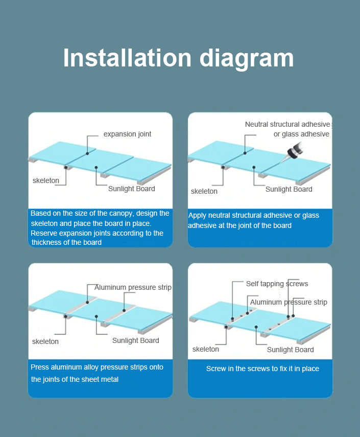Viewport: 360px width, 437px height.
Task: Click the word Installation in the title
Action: [x=127, y=58]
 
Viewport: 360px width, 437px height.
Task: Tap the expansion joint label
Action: [x=127, y=134]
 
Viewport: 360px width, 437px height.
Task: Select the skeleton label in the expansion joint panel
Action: [x=45, y=180]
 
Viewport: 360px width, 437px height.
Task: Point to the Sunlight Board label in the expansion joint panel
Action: [x=131, y=189]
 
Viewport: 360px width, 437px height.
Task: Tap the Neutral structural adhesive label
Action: [x=287, y=124]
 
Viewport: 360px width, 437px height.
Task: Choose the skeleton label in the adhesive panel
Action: [x=204, y=191]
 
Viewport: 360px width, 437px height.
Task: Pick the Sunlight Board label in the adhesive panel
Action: [x=289, y=189]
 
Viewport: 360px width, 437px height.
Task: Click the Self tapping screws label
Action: [x=277, y=284]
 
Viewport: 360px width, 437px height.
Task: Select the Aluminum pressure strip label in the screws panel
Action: [x=289, y=302]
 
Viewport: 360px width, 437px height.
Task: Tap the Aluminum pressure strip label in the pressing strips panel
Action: [x=133, y=287]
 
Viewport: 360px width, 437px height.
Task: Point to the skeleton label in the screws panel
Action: [x=205, y=349]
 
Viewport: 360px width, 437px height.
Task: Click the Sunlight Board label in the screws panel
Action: [x=290, y=350]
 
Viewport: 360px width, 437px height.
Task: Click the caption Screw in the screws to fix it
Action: [x=262, y=369]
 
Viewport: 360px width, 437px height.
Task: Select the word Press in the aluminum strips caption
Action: [x=39, y=367]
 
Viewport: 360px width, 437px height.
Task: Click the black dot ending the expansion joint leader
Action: [x=87, y=153]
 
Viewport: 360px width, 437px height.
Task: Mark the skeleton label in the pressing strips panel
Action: [x=45, y=341]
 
